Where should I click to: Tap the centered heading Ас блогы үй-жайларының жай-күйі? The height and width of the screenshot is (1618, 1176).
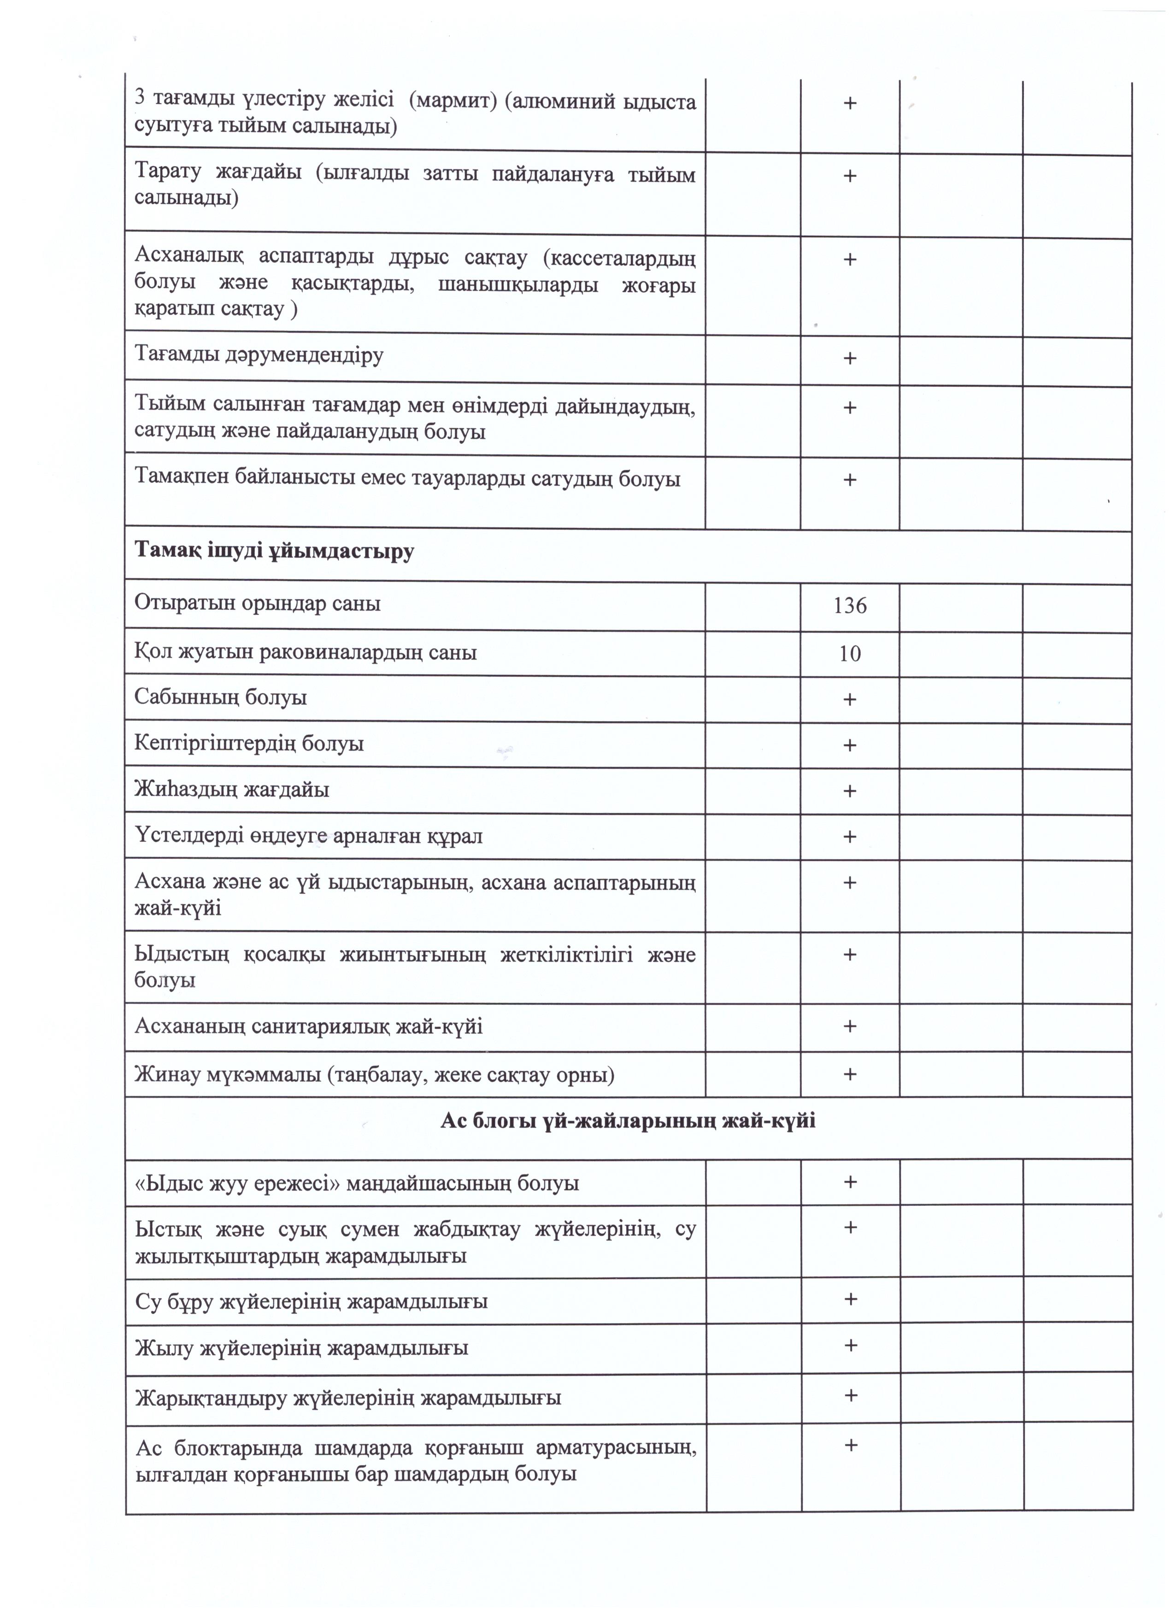pos(628,1121)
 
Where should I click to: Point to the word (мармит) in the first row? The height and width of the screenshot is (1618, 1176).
pos(452,101)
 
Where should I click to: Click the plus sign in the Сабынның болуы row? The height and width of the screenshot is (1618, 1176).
pos(849,700)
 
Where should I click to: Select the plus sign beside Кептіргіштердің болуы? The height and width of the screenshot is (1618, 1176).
pos(849,745)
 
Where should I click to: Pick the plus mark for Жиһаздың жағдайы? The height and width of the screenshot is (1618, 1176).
pos(849,791)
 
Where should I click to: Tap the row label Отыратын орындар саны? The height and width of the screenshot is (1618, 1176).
pos(258,603)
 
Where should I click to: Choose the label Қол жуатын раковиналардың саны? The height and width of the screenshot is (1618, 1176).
pos(305,652)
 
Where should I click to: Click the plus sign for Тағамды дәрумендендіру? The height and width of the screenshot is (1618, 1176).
pos(849,358)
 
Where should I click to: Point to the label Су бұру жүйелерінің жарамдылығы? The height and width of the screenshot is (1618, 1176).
pos(312,1301)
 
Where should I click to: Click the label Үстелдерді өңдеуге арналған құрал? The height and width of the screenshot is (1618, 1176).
pos(308,836)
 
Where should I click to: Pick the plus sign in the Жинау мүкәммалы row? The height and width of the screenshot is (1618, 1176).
pos(849,1075)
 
